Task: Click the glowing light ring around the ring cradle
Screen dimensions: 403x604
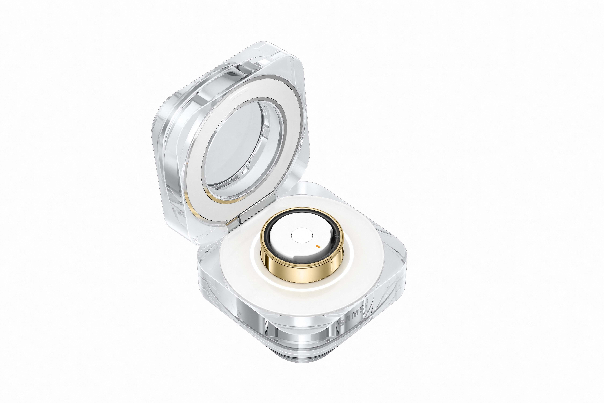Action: tap(257, 265)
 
